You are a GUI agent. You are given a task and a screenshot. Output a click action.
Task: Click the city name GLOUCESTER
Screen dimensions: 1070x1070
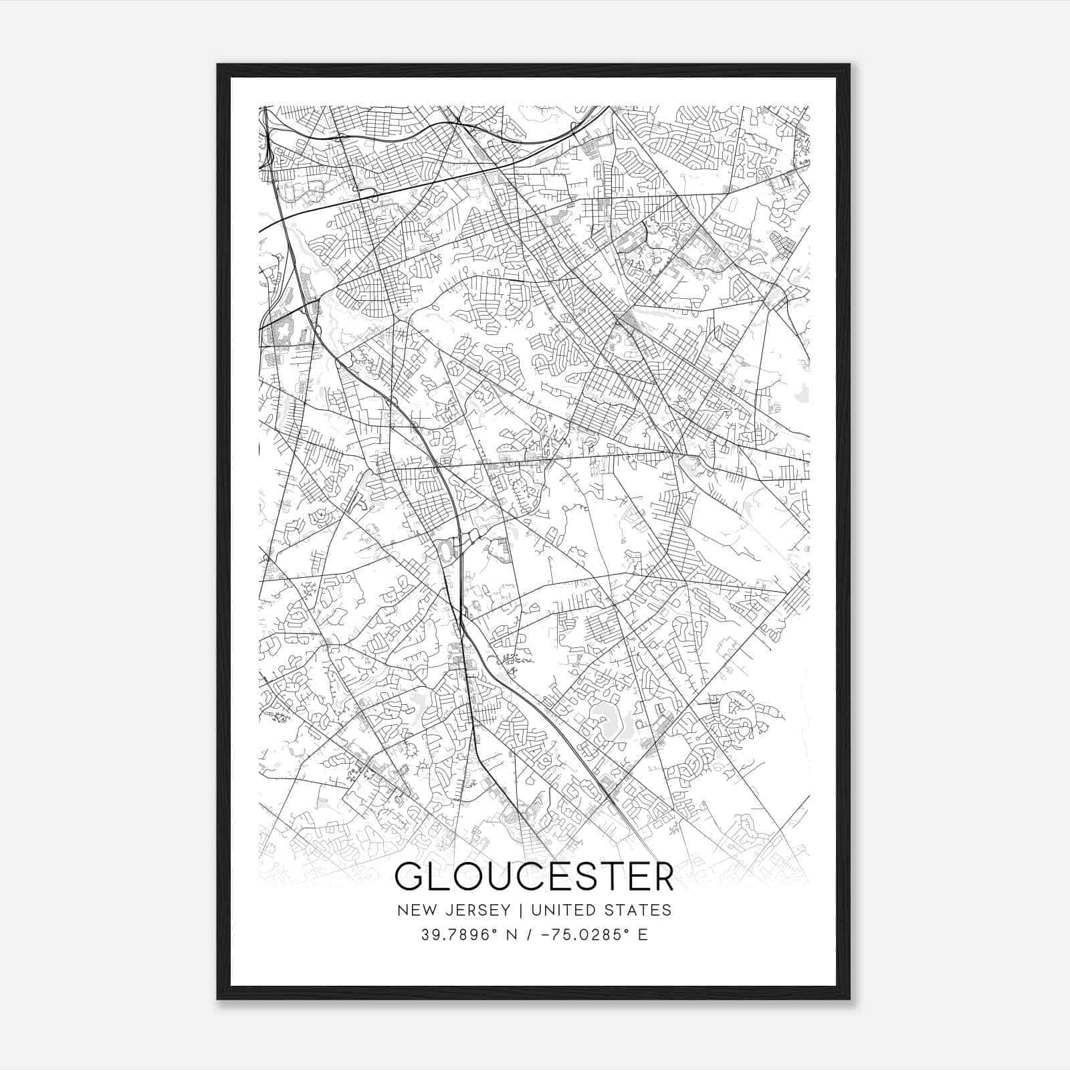(x=534, y=877)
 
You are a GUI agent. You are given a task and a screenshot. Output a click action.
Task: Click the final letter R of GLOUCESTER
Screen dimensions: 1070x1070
(x=661, y=877)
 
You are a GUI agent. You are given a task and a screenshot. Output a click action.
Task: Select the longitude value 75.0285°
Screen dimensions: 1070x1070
(x=586, y=934)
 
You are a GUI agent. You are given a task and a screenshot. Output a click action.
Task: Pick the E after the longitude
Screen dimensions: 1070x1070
(x=643, y=934)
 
